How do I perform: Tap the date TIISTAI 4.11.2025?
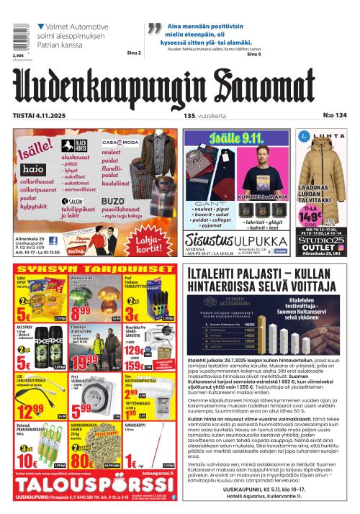pyautogui.click(x=42, y=115)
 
